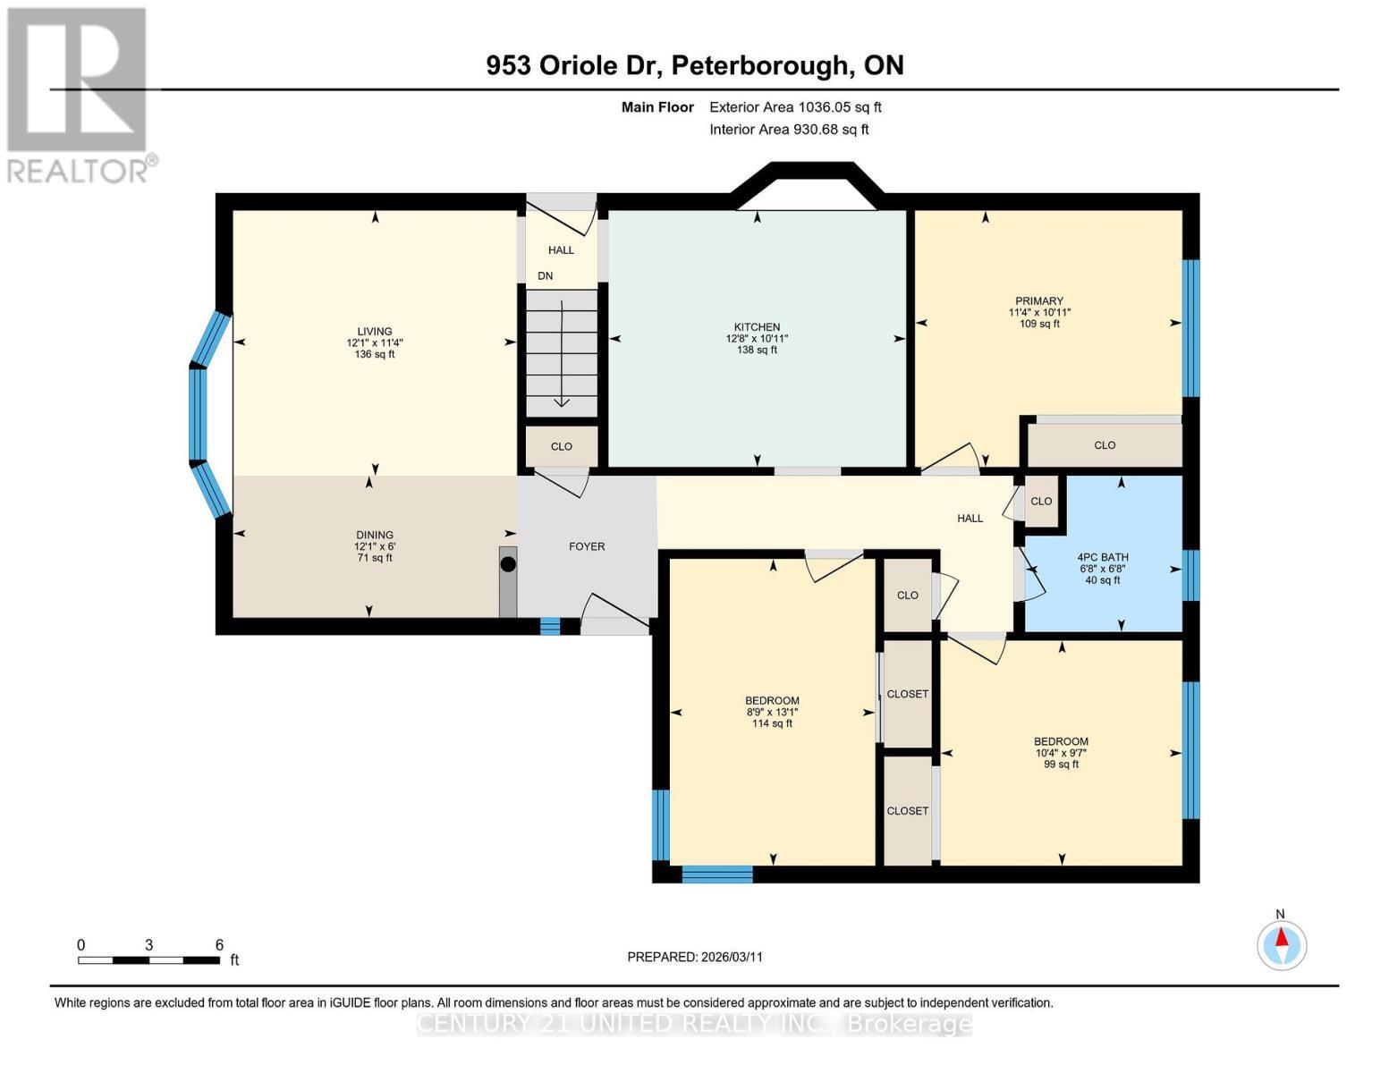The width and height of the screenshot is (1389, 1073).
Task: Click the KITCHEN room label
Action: pos(757,327)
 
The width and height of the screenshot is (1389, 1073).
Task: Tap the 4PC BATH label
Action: pos(1102,557)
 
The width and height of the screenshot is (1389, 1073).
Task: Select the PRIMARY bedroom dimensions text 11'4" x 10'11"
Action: pos(1039,313)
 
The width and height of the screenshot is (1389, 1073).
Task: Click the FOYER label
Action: pos(587,546)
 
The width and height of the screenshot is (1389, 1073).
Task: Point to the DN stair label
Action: pos(546,276)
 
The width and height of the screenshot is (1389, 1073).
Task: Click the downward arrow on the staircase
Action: pos(561,358)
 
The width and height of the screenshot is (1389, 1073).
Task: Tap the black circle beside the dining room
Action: pos(508,564)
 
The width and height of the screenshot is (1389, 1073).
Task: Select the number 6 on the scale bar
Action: pos(219,945)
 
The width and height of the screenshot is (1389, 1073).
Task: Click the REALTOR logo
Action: pos(78,94)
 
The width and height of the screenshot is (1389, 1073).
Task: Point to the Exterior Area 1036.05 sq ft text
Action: pos(795,107)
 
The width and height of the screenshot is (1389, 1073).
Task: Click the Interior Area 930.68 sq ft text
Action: pos(789,130)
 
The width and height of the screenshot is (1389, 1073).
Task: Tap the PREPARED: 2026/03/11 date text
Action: pos(695,957)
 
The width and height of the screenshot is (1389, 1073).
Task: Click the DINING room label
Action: pos(375,536)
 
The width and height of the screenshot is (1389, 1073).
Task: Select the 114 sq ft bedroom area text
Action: pos(772,723)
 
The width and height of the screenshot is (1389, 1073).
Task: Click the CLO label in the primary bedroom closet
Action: pos(1105,445)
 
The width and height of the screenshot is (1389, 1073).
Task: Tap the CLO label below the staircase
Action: pos(561,446)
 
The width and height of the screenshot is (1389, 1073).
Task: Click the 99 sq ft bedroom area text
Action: pos(1061,765)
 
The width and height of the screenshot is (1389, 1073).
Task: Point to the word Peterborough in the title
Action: pos(758,65)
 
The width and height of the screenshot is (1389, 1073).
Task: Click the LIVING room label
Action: pos(375,332)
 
